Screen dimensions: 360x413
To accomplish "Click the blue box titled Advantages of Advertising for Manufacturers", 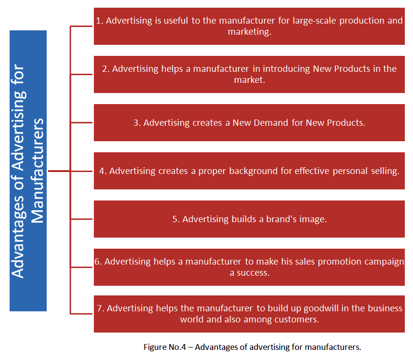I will [28, 171].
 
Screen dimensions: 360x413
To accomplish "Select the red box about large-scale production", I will [249, 27].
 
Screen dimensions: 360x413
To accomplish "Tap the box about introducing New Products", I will [249, 75].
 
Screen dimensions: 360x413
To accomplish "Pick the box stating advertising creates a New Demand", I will [249, 122].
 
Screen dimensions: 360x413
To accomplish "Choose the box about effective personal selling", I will [249, 171].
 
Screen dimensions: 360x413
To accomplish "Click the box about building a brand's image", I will [249, 219].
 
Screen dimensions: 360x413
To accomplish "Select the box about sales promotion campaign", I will [249, 267].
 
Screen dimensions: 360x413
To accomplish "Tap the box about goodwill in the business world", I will [249, 314].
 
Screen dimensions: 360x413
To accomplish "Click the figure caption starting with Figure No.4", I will [252, 347].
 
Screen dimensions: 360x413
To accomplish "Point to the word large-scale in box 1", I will [314, 21].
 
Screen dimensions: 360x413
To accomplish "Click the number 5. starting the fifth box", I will [176, 219].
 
